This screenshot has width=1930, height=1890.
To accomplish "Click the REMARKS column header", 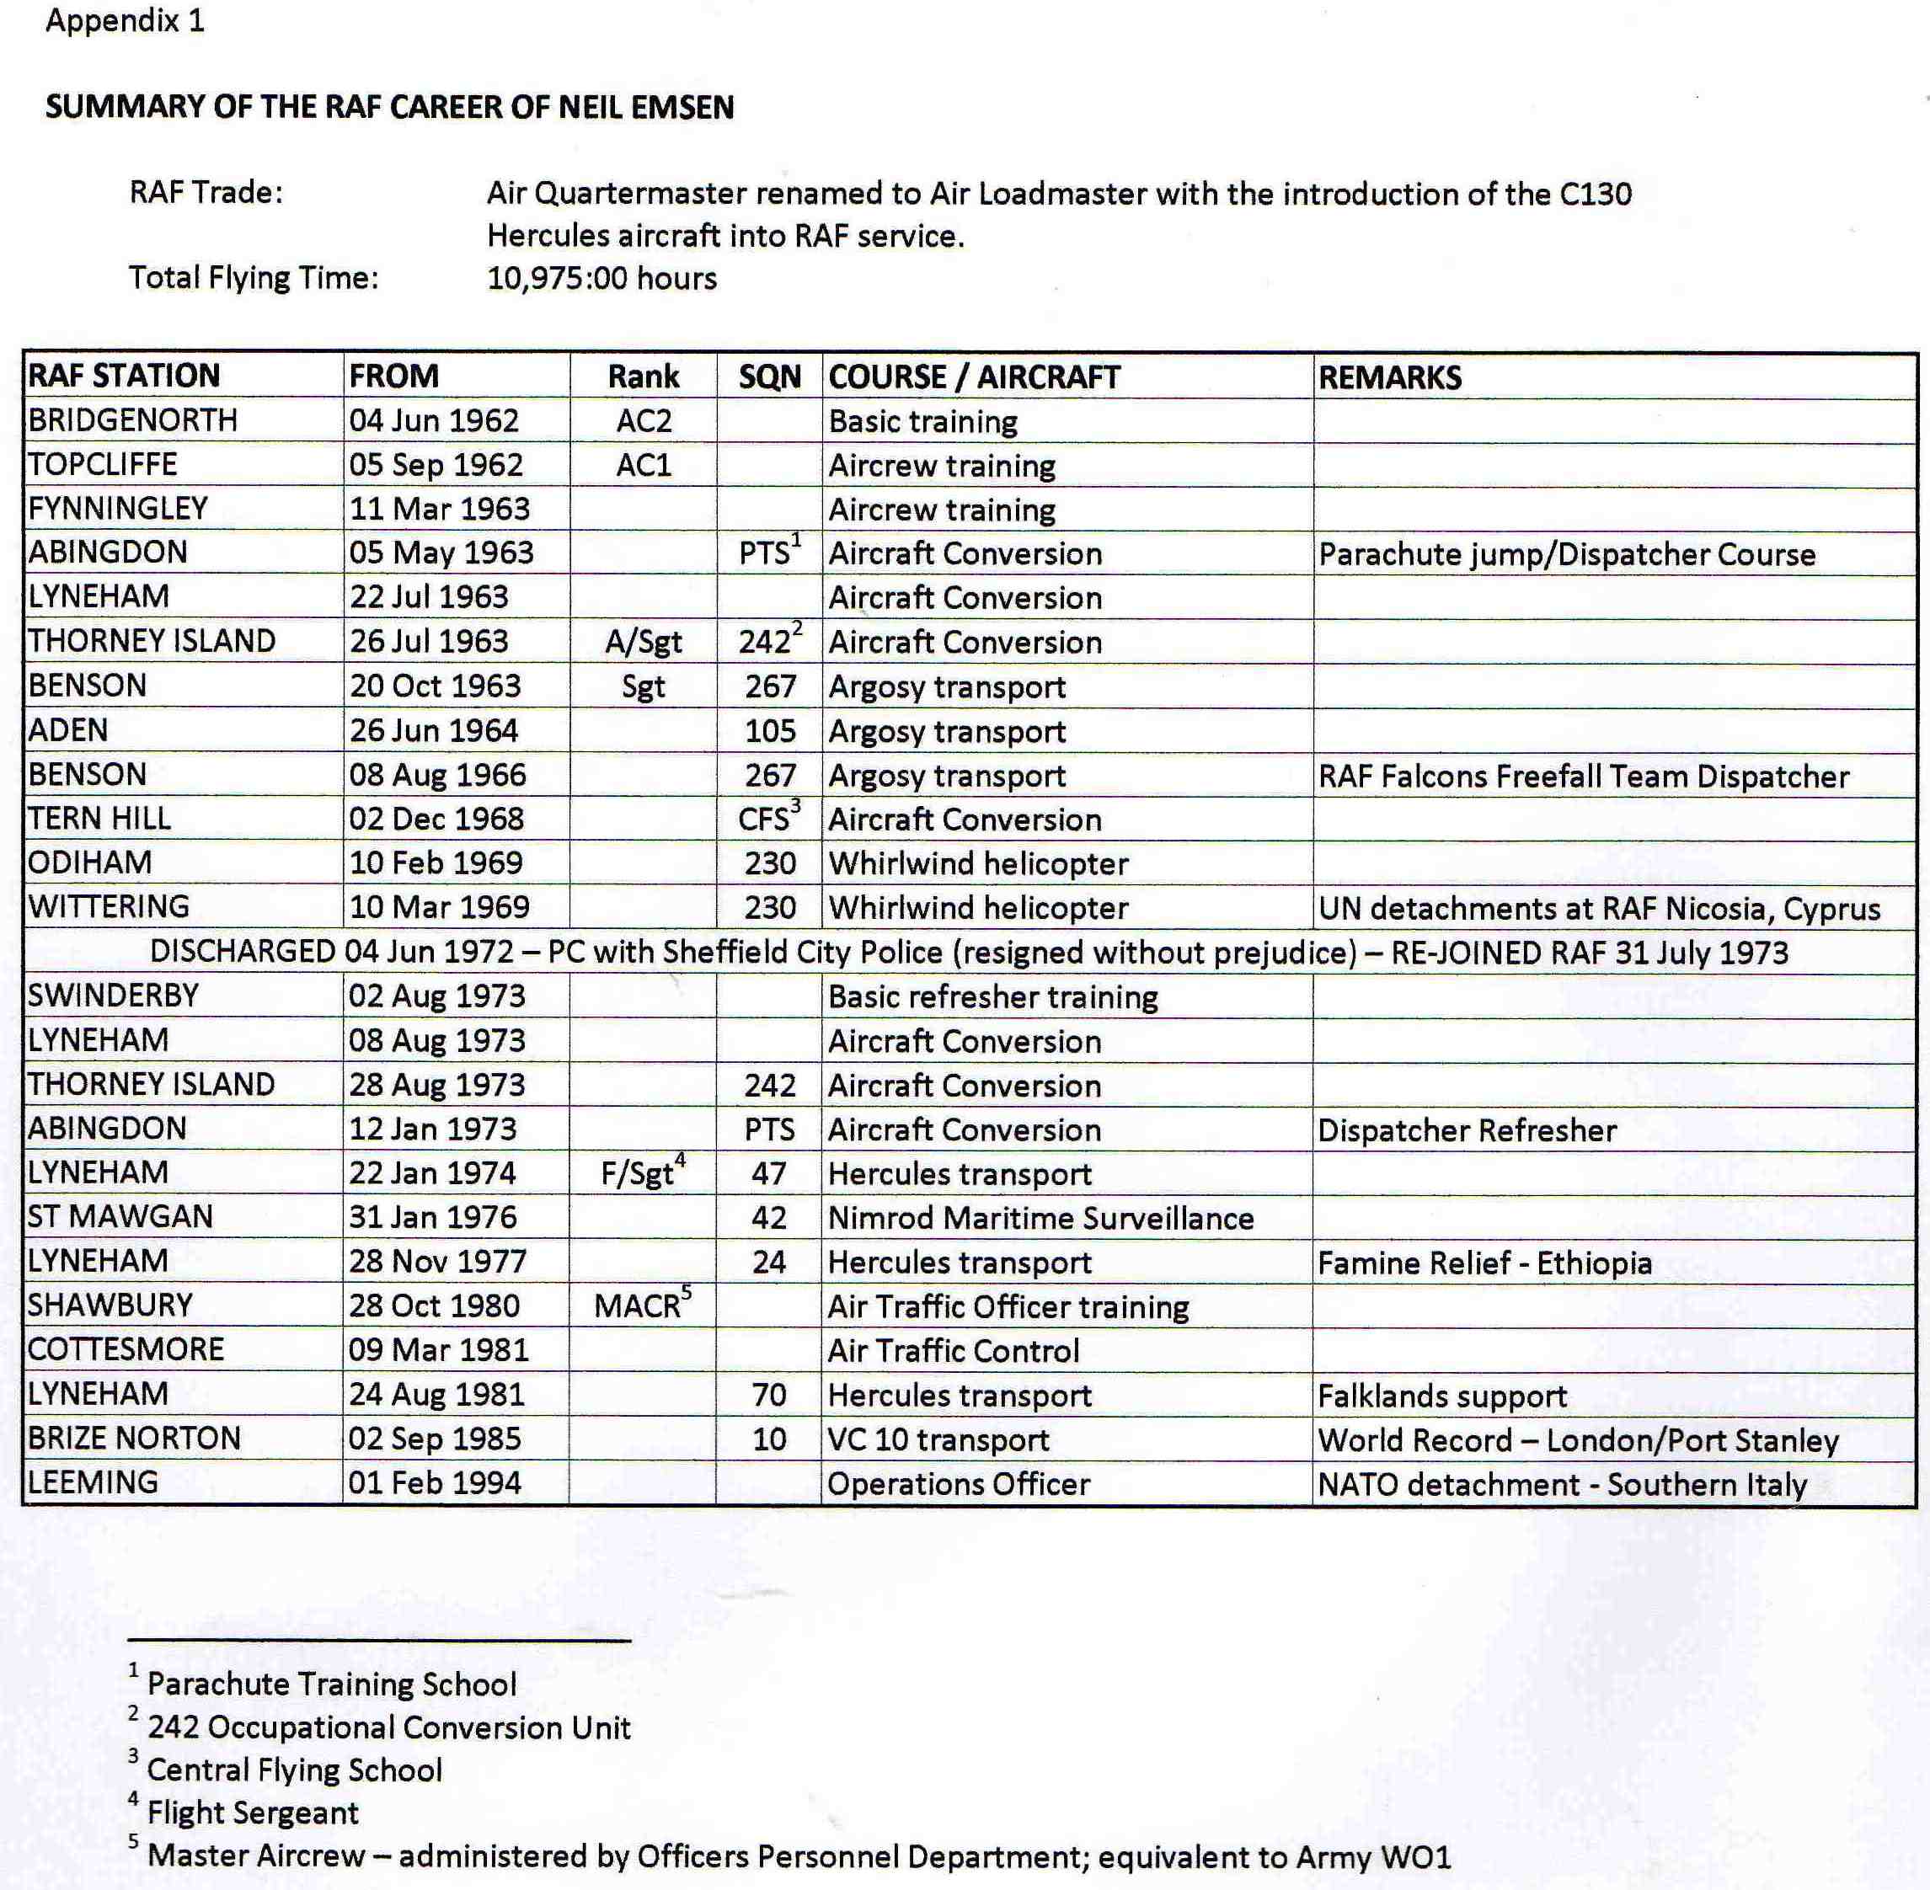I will click(x=1389, y=377).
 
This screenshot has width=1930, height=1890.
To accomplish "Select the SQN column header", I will click(x=769, y=377).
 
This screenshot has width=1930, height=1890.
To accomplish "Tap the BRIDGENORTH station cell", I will click(x=133, y=421).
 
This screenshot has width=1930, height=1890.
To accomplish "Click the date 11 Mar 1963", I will click(x=439, y=510).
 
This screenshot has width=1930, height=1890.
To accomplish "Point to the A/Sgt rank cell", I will click(x=644, y=643).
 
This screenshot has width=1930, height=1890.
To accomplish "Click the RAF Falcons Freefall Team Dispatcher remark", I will click(x=1583, y=777).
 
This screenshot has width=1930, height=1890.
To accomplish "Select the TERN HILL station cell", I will click(x=99, y=819).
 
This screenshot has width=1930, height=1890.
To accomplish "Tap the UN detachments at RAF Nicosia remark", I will click(x=1598, y=908).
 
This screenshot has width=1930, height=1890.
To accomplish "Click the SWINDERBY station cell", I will click(x=113, y=996).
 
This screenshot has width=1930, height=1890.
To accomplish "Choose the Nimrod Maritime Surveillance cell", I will click(x=1040, y=1218).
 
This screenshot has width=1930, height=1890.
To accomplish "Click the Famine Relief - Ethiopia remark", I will click(x=1484, y=1263).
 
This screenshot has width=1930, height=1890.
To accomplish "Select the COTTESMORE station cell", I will click(x=126, y=1350).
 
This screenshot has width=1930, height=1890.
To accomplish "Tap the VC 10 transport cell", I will click(x=938, y=1439).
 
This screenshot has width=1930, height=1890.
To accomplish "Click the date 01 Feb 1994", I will click(x=434, y=1483).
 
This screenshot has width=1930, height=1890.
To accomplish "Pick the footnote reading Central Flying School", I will click(x=294, y=1770).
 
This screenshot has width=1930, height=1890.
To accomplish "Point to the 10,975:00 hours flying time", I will click(x=601, y=278).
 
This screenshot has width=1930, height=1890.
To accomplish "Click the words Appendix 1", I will click(x=125, y=21).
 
